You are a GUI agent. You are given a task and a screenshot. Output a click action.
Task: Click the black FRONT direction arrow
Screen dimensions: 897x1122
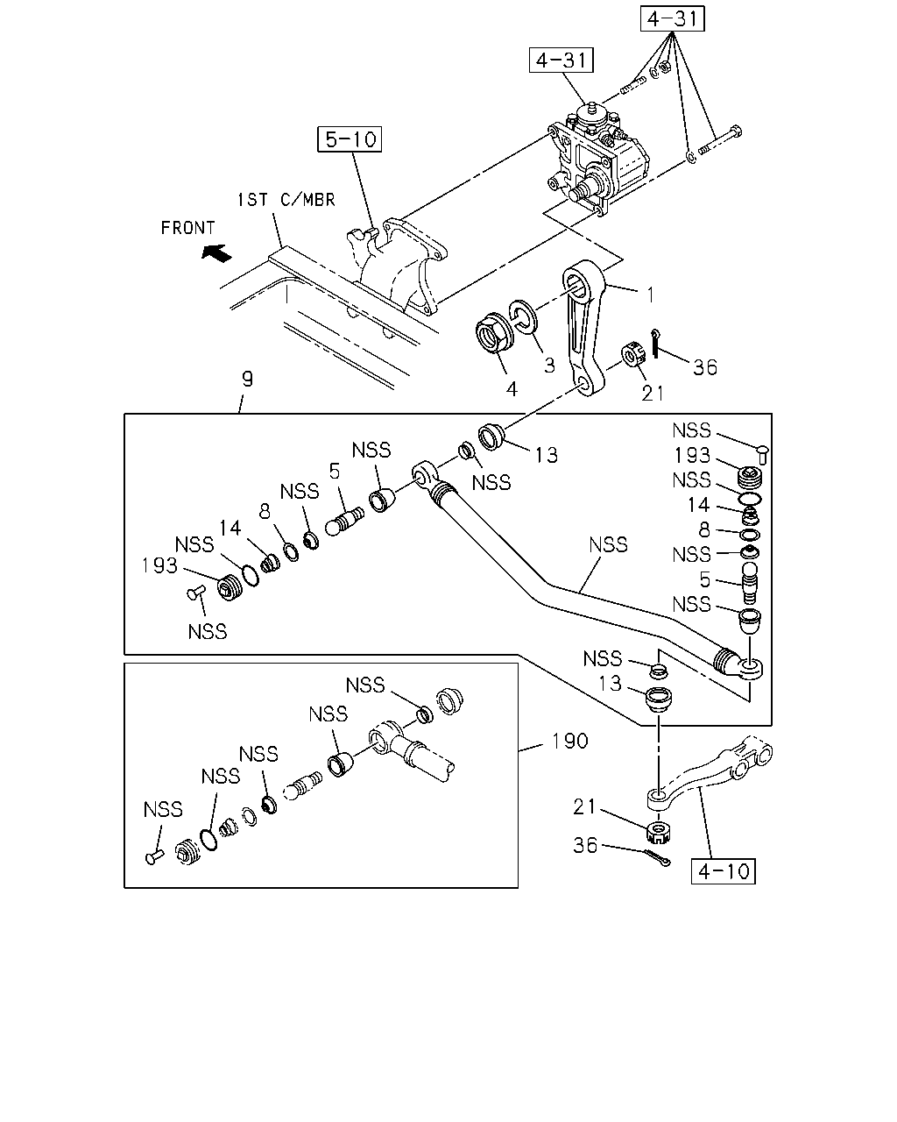pyautogui.click(x=217, y=253)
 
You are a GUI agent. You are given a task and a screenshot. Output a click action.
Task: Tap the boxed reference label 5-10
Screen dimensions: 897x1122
pyautogui.click(x=350, y=139)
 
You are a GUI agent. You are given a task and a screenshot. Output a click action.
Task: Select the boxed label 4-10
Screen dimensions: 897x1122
pyautogui.click(x=723, y=871)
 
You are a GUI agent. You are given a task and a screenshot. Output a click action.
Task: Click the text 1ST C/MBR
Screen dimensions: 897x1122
pyautogui.click(x=286, y=200)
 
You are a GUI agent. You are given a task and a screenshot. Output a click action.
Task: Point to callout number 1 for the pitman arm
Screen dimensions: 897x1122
pyautogui.click(x=651, y=295)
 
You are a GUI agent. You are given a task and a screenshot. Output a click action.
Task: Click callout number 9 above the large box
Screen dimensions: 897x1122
pyautogui.click(x=248, y=379)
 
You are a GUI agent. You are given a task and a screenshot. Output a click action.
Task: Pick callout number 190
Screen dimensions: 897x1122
pyautogui.click(x=569, y=741)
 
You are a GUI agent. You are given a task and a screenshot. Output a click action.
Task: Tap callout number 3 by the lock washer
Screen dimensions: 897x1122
pyautogui.click(x=549, y=366)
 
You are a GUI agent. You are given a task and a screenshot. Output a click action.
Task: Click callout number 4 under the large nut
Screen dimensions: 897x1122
pyautogui.click(x=512, y=389)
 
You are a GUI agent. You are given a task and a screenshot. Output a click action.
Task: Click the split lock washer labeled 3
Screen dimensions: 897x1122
pyautogui.click(x=523, y=316)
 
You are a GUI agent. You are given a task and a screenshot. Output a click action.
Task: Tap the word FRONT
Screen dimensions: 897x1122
pyautogui.click(x=187, y=228)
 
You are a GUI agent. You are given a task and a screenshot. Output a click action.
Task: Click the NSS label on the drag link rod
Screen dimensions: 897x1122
pyautogui.click(x=608, y=545)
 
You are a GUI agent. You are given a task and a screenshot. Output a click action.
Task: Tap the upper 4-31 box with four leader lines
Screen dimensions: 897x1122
pyautogui.click(x=672, y=19)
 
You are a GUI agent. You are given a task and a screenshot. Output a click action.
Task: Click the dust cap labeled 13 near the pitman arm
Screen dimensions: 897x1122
pyautogui.click(x=491, y=437)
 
